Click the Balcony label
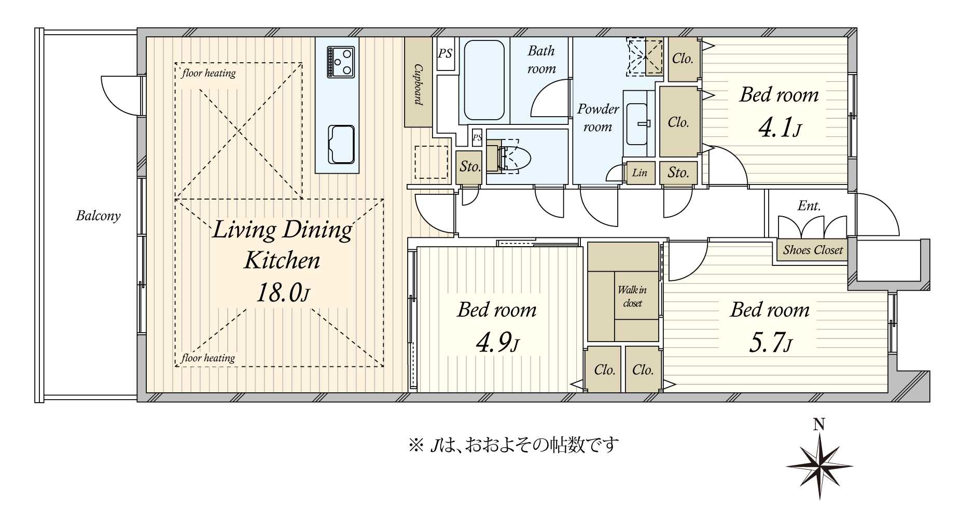click(x=98, y=216)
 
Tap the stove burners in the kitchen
click(x=341, y=62)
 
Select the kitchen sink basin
click(x=341, y=144)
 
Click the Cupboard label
click(x=418, y=84)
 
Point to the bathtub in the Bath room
click(x=484, y=80)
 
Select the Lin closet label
click(x=639, y=173)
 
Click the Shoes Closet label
click(x=813, y=250)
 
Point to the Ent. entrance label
click(x=809, y=206)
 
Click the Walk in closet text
click(x=632, y=296)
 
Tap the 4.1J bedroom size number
click(x=780, y=127)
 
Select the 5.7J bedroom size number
click(x=770, y=343)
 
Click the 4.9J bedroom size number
click(x=497, y=343)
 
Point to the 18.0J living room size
click(x=283, y=293)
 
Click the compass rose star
click(x=819, y=465)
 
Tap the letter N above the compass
click(x=819, y=425)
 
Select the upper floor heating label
click(x=208, y=73)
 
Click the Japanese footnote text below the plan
click(x=513, y=445)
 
